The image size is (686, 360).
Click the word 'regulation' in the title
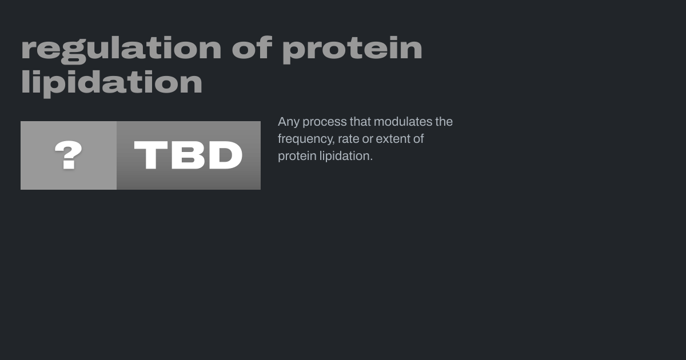coord(121,50)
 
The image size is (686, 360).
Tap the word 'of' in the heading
coord(252,47)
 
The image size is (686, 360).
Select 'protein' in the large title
coord(352,50)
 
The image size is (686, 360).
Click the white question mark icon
coord(68,155)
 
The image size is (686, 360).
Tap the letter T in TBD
coord(151,155)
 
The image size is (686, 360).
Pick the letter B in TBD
coord(188,155)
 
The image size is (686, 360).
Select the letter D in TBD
coord(226,155)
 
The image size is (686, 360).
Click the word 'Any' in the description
coord(289,122)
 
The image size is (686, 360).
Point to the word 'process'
coord(325,122)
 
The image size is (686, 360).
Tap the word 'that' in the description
coord(360,122)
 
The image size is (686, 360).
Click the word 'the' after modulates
coord(444,122)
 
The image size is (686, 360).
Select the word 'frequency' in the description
coord(306,139)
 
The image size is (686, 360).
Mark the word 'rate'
coord(349,139)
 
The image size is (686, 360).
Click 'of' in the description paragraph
coord(418,139)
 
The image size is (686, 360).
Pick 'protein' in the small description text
coord(297,157)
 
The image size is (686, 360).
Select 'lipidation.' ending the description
coord(346,157)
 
